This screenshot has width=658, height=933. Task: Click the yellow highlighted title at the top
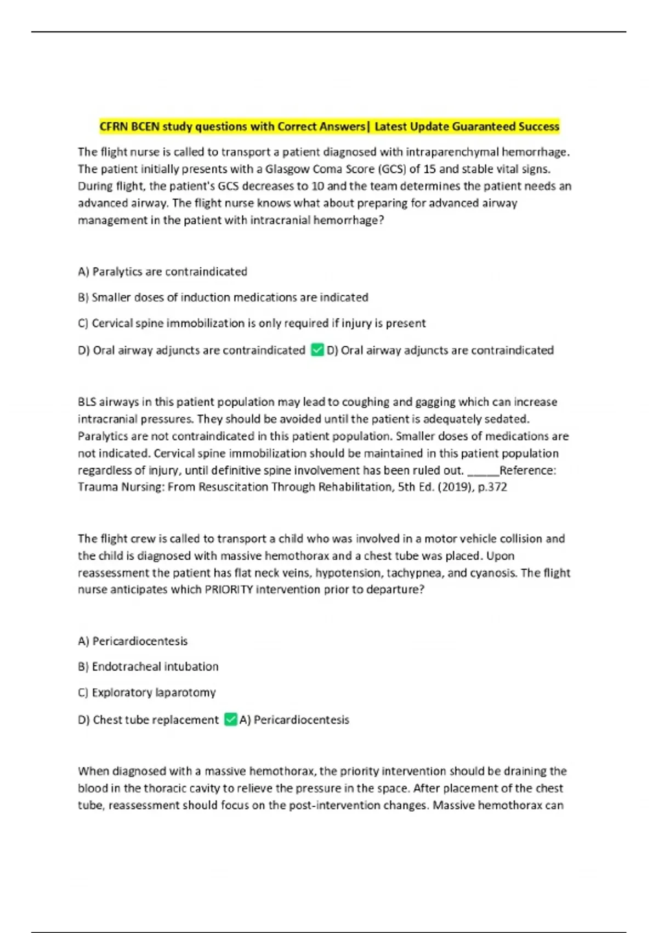click(x=329, y=127)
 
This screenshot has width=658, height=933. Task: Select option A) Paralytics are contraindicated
click(x=162, y=272)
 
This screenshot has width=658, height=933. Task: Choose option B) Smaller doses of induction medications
click(x=223, y=297)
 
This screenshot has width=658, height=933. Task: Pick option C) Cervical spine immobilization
click(x=252, y=323)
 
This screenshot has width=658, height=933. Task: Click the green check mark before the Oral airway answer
click(x=317, y=350)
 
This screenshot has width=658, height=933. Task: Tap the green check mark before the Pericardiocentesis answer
click(x=231, y=720)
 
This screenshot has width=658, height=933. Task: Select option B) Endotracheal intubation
click(x=148, y=667)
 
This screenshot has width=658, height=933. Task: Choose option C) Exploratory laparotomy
click(x=146, y=693)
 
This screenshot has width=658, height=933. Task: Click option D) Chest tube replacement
click(x=148, y=720)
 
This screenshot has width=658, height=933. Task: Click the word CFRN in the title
click(x=114, y=127)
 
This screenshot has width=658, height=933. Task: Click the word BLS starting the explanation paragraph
click(x=87, y=402)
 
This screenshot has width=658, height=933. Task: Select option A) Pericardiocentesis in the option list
click(x=133, y=641)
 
